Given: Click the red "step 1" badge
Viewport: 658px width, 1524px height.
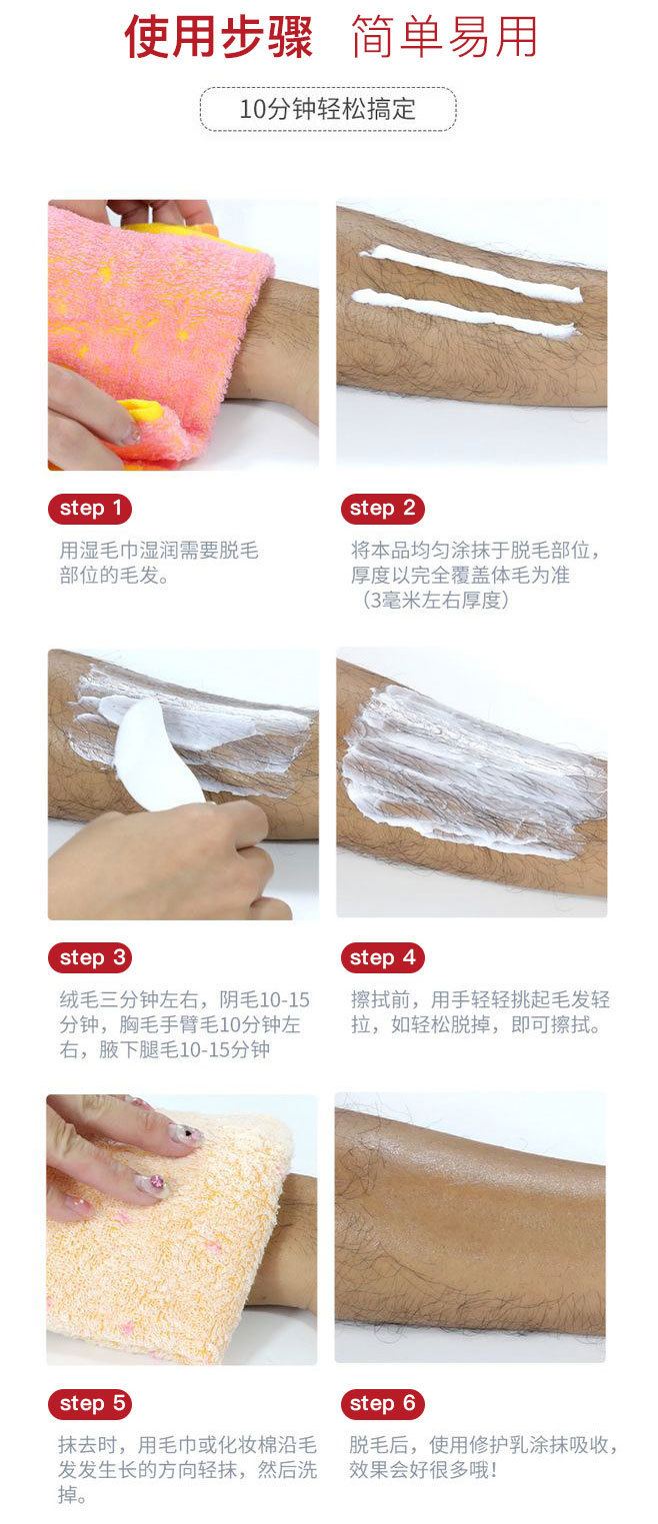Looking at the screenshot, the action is tap(90, 509).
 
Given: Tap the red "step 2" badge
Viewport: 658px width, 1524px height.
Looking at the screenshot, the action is tap(382, 509).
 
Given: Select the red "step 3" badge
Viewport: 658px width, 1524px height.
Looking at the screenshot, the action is tap(90, 958).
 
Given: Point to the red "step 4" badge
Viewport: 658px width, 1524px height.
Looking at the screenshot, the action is tap(382, 958).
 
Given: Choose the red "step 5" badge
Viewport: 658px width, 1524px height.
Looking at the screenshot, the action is tap(90, 1403).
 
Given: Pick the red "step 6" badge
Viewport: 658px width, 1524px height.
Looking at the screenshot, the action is tap(382, 1403).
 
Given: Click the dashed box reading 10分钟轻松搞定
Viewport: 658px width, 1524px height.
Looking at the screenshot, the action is tap(328, 109).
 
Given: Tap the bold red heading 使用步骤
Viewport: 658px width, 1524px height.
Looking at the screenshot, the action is tap(218, 37).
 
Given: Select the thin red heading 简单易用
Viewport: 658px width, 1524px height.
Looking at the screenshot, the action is tap(444, 37).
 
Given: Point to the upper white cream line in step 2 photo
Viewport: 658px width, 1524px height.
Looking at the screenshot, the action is tap(470, 272).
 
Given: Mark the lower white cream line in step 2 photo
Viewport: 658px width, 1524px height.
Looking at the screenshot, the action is tap(463, 313).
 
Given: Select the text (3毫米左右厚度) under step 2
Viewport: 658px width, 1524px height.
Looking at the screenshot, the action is tap(435, 600).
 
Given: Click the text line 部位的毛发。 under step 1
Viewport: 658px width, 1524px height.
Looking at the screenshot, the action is tap(114, 576).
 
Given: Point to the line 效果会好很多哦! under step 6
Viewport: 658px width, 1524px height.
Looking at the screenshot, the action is tap(423, 1470).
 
